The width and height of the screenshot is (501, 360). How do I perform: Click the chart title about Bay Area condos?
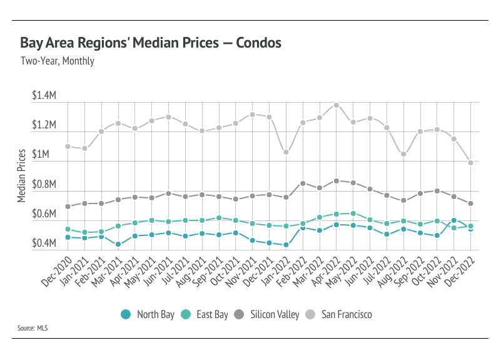click(150, 43)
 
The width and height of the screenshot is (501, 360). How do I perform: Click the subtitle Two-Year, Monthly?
click(57, 61)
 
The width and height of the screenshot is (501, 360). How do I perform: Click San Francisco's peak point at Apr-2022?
click(337, 105)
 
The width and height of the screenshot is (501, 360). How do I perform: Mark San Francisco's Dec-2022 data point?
click(471, 163)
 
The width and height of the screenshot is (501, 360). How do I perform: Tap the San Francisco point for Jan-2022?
click(286, 152)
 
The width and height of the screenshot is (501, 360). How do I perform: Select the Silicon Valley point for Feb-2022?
click(303, 183)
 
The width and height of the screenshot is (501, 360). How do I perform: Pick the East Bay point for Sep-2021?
click(219, 218)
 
